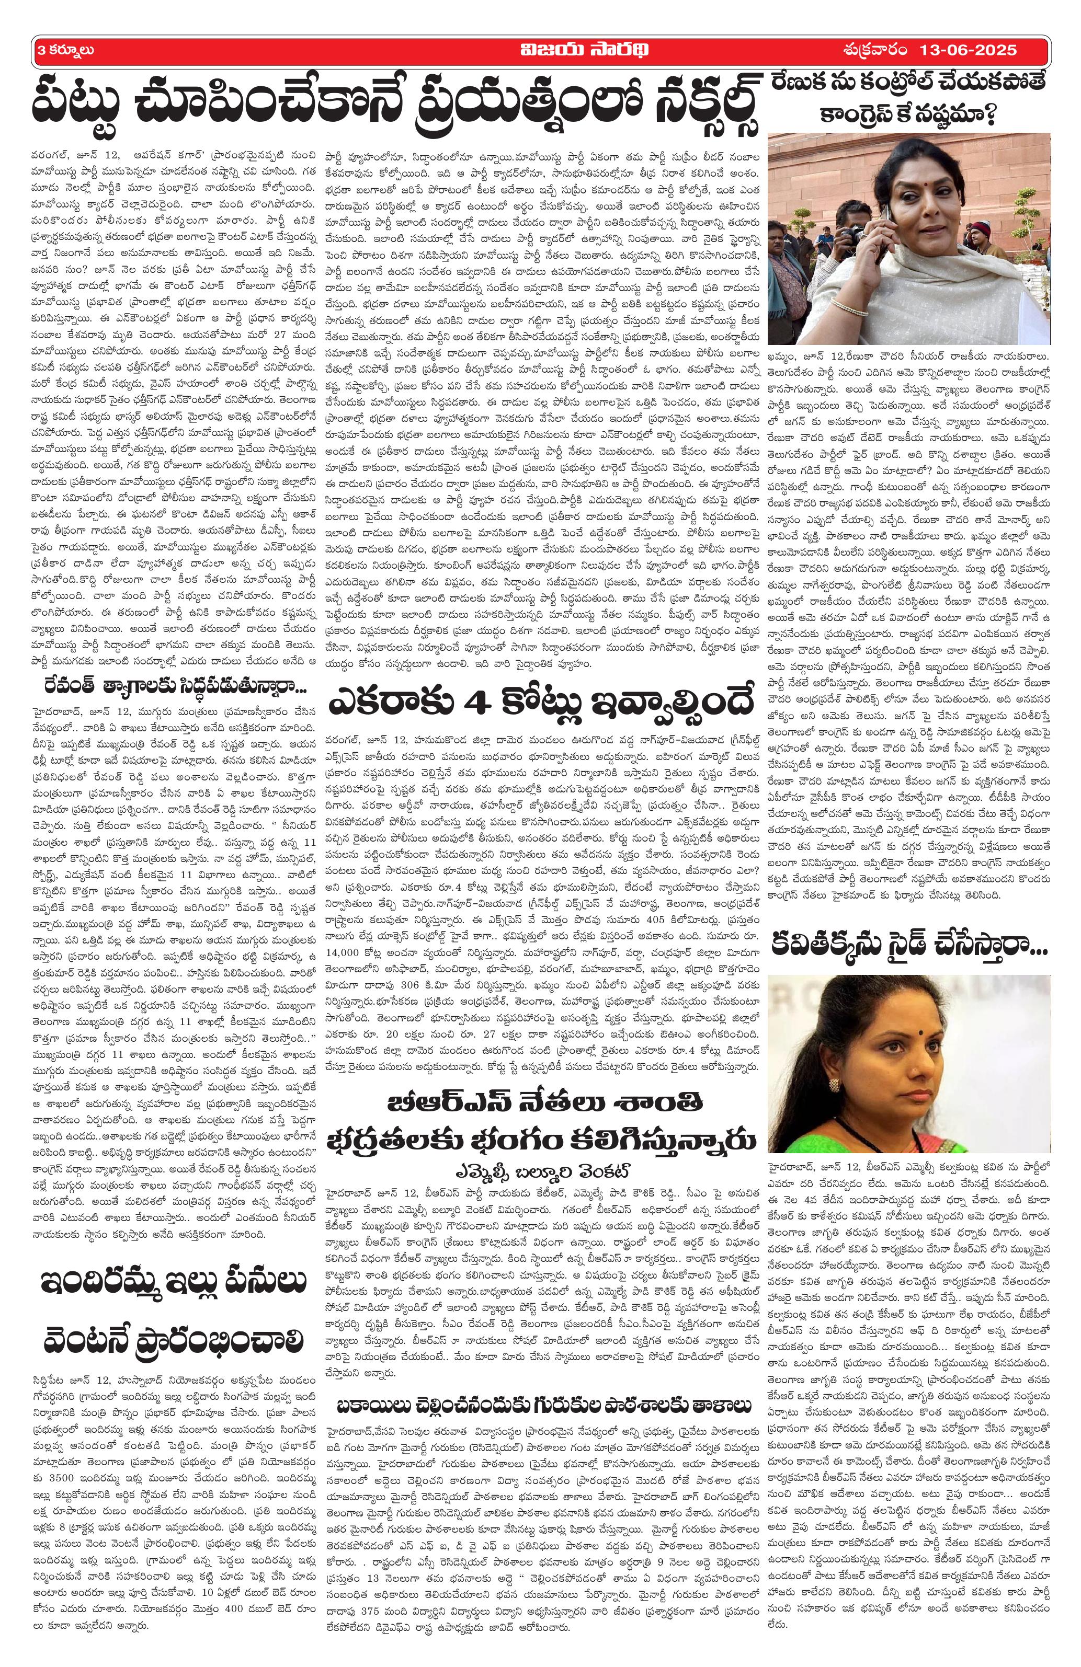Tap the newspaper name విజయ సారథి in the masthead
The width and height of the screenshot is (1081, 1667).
(x=539, y=50)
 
